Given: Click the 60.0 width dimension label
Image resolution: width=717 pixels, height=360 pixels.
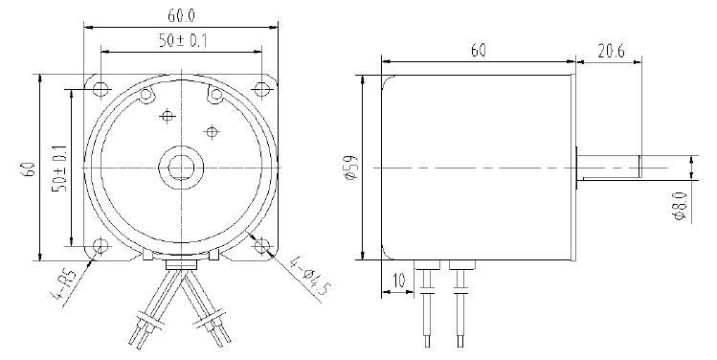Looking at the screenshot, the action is [x=181, y=15].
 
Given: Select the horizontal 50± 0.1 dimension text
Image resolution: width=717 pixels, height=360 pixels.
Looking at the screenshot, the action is [x=183, y=41].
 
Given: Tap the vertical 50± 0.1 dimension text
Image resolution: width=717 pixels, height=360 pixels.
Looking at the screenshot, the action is [x=60, y=169].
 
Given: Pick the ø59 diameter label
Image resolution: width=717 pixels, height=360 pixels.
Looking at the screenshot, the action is [x=352, y=168].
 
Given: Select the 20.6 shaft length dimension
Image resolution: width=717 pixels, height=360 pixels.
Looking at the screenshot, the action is [x=611, y=52].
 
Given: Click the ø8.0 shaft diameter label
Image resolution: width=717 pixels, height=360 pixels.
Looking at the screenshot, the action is [x=681, y=206].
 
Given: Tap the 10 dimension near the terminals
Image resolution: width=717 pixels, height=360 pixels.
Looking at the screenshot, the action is [x=399, y=281].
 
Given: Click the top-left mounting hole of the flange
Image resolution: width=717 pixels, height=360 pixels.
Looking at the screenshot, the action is [x=101, y=88].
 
